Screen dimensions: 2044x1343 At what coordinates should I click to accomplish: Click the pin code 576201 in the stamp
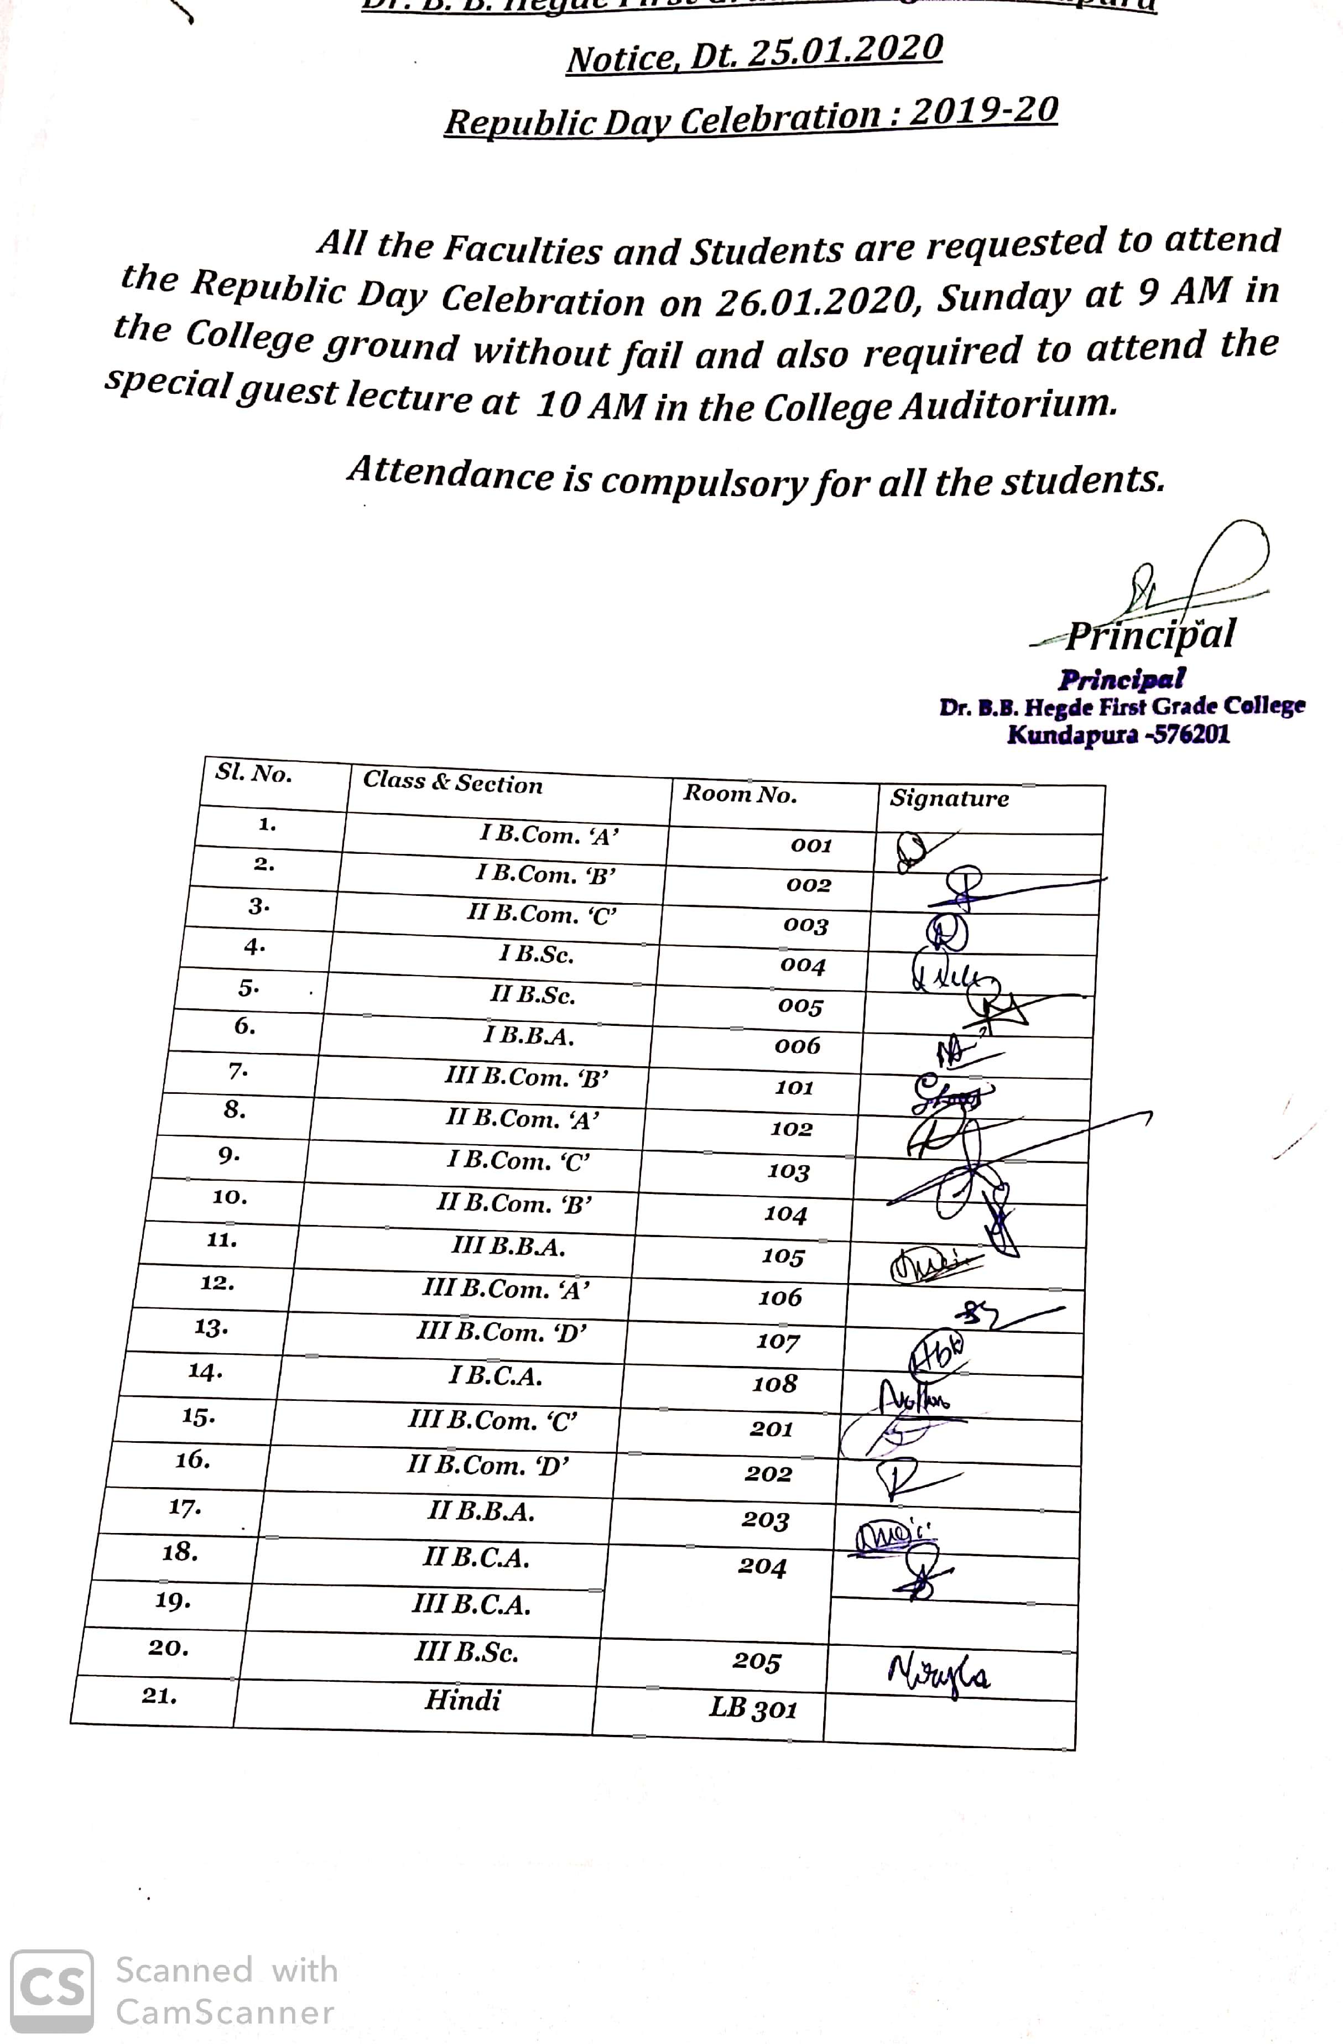[x=1193, y=735]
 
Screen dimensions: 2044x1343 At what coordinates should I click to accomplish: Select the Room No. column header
[x=740, y=794]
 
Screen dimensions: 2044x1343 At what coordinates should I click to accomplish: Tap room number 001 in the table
[x=811, y=846]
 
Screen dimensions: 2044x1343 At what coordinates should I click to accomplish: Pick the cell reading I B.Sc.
[x=536, y=954]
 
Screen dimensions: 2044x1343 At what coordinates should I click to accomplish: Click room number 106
[x=779, y=1297]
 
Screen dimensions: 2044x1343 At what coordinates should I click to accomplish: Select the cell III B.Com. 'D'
[x=502, y=1332]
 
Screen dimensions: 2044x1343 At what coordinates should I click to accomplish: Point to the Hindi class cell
[x=462, y=1699]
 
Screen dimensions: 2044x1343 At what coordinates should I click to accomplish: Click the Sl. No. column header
[x=253, y=773]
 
